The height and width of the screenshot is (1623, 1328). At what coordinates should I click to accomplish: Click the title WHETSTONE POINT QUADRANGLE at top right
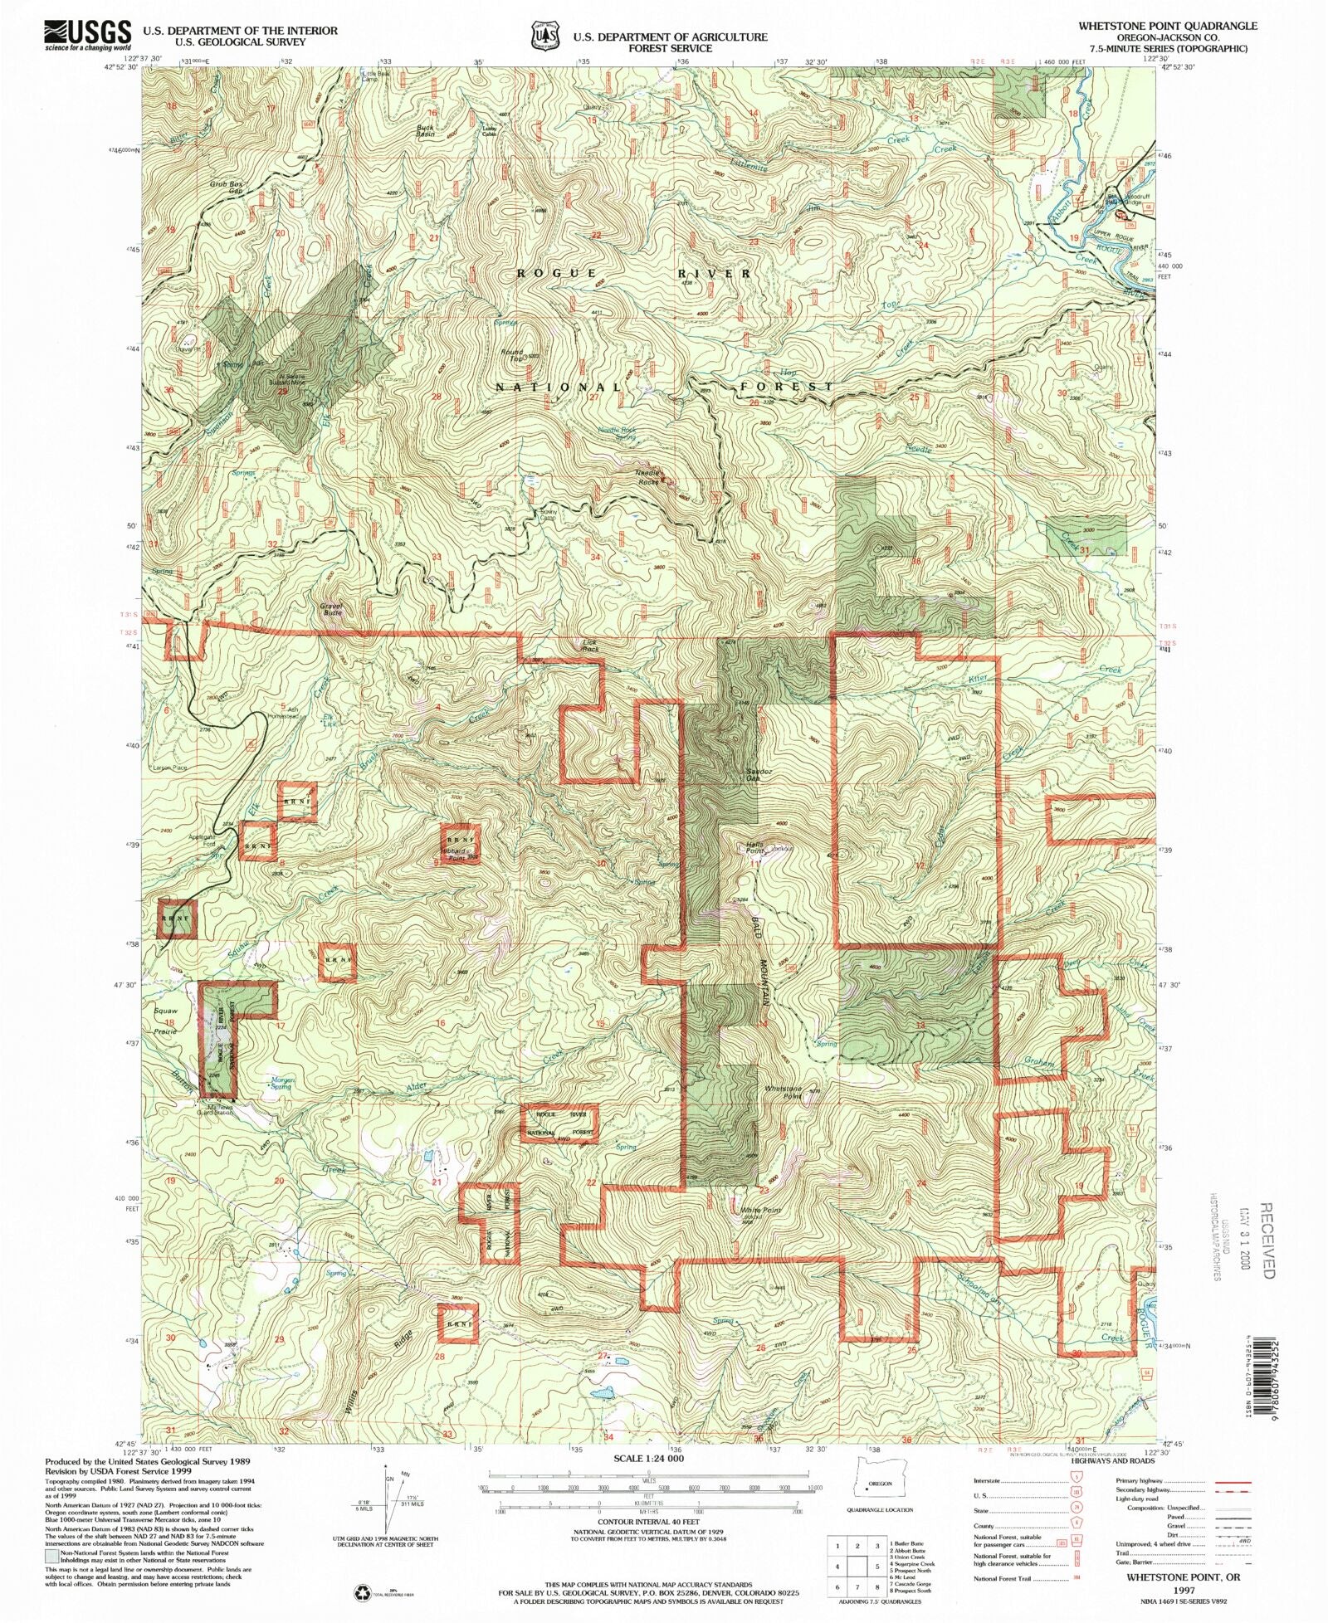tap(1167, 26)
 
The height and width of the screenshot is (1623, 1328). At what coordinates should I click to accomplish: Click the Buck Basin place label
tap(426, 129)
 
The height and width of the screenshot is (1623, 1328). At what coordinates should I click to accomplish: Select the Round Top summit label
tap(512, 355)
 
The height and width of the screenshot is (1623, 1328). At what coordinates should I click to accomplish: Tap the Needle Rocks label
tap(647, 476)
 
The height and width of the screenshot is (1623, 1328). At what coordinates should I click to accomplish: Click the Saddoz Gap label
tap(752, 775)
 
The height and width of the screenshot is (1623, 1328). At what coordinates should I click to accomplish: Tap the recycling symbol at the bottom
tap(364, 1592)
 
